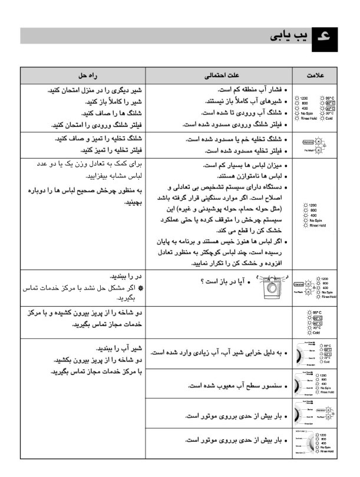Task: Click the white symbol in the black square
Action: pyautogui.click(x=323, y=37)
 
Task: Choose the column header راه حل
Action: pyautogui.click(x=82, y=77)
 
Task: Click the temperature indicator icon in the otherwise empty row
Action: pyautogui.click(x=317, y=323)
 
